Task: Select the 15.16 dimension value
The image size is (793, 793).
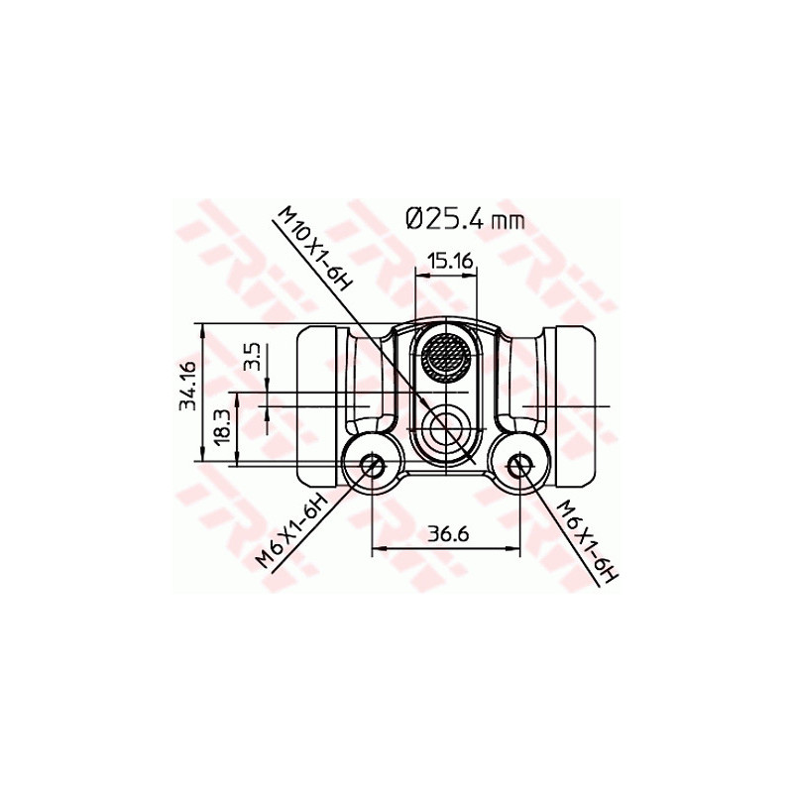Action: (x=448, y=262)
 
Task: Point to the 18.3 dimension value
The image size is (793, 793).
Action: (x=220, y=427)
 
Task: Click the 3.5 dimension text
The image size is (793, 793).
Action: (x=251, y=358)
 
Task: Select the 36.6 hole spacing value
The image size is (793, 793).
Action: (x=447, y=534)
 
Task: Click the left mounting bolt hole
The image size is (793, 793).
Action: (x=373, y=464)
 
